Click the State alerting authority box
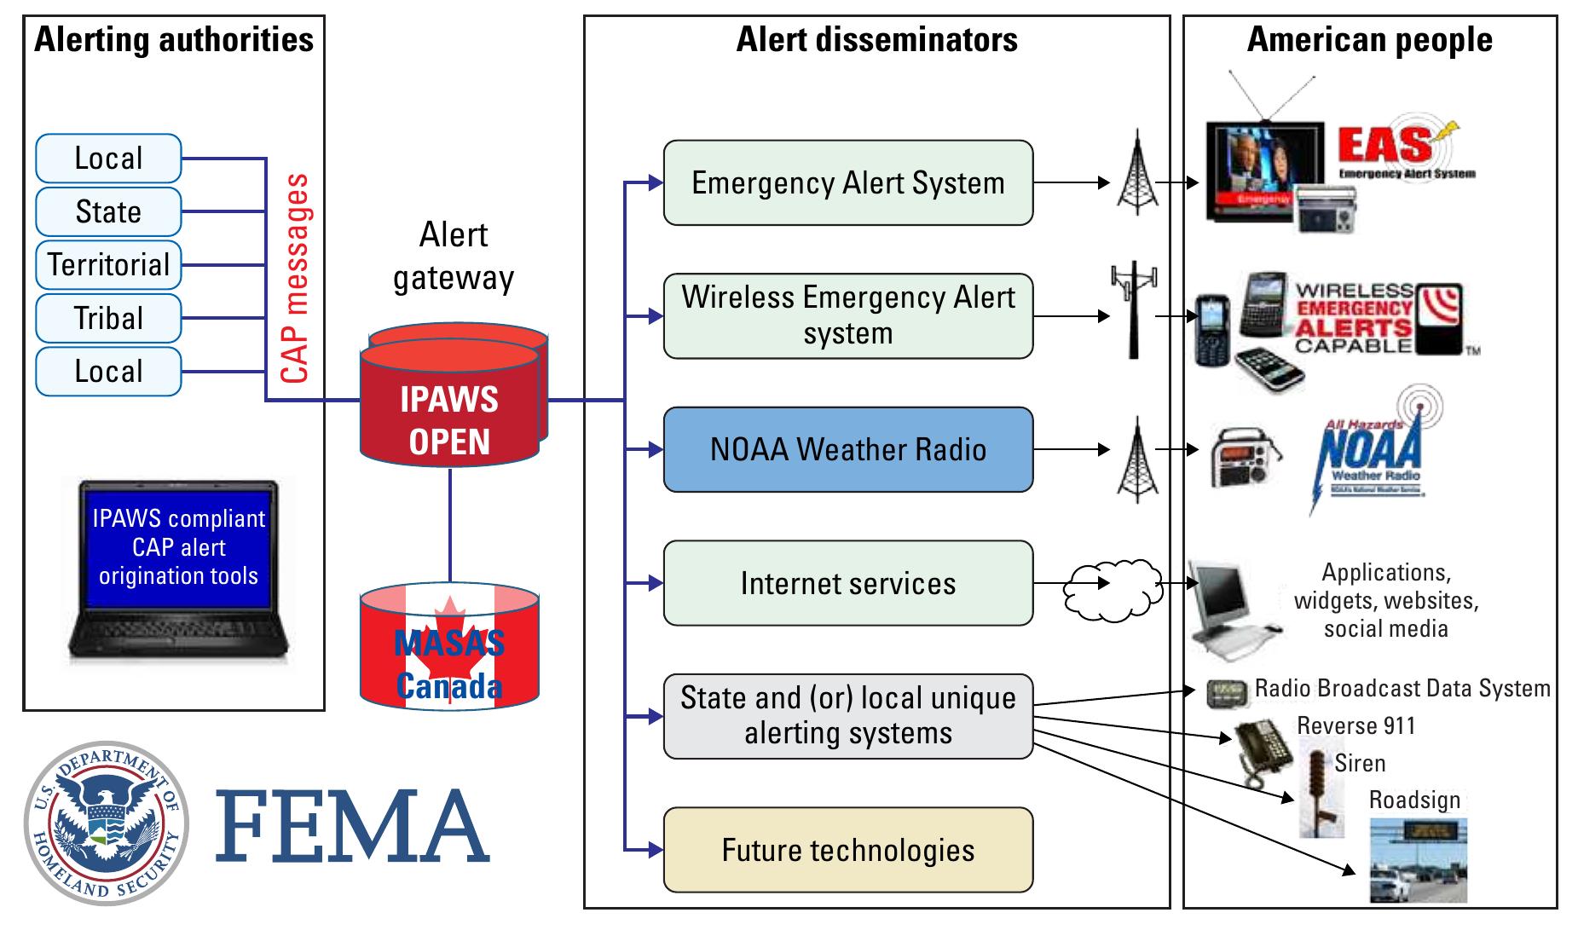(x=108, y=211)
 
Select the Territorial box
(x=108, y=265)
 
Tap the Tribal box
(x=108, y=318)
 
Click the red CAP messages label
(x=295, y=278)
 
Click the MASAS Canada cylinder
(x=449, y=648)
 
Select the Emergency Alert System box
(x=847, y=182)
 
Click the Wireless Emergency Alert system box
(x=847, y=315)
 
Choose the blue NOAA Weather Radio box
(x=847, y=449)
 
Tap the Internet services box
(x=847, y=583)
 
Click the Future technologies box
(x=847, y=850)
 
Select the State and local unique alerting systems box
(x=847, y=716)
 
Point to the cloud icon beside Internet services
(x=1113, y=590)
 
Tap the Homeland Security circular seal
(x=107, y=823)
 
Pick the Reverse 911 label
(x=1355, y=726)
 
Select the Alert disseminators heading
(x=876, y=40)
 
